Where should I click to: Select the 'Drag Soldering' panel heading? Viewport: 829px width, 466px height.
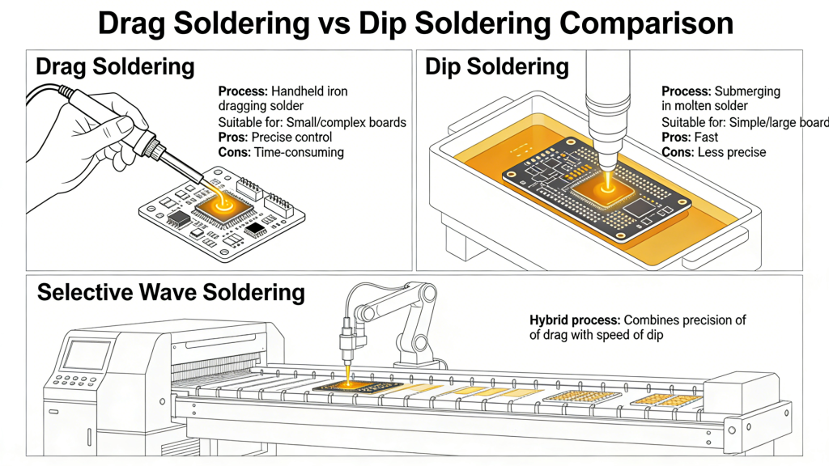click(x=116, y=66)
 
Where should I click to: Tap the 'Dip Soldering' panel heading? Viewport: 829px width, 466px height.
click(x=497, y=66)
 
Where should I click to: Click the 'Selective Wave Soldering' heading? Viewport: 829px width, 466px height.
click(x=171, y=292)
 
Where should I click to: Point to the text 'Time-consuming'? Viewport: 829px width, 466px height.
click(x=299, y=152)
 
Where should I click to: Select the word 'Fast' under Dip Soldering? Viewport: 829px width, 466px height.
click(x=707, y=138)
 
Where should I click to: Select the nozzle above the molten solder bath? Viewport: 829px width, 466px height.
click(x=603, y=105)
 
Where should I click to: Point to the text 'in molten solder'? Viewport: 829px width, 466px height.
click(x=704, y=107)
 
